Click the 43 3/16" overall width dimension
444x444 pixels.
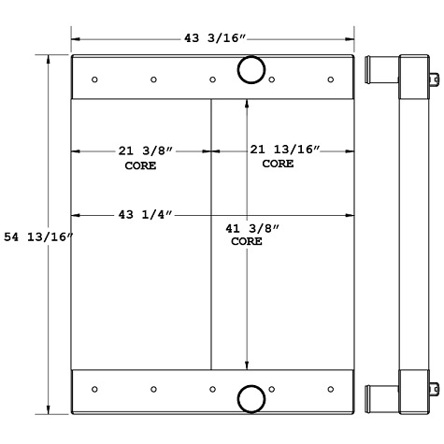[x=214, y=38]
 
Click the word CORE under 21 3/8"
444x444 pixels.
[x=140, y=165]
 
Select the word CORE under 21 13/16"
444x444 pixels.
[x=278, y=164]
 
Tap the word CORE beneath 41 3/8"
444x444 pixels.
[x=247, y=241]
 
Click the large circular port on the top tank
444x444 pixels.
[x=251, y=70]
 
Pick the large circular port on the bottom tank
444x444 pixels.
[x=251, y=398]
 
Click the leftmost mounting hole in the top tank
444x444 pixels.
[x=94, y=79]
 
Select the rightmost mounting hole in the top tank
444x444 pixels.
[x=330, y=79]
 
